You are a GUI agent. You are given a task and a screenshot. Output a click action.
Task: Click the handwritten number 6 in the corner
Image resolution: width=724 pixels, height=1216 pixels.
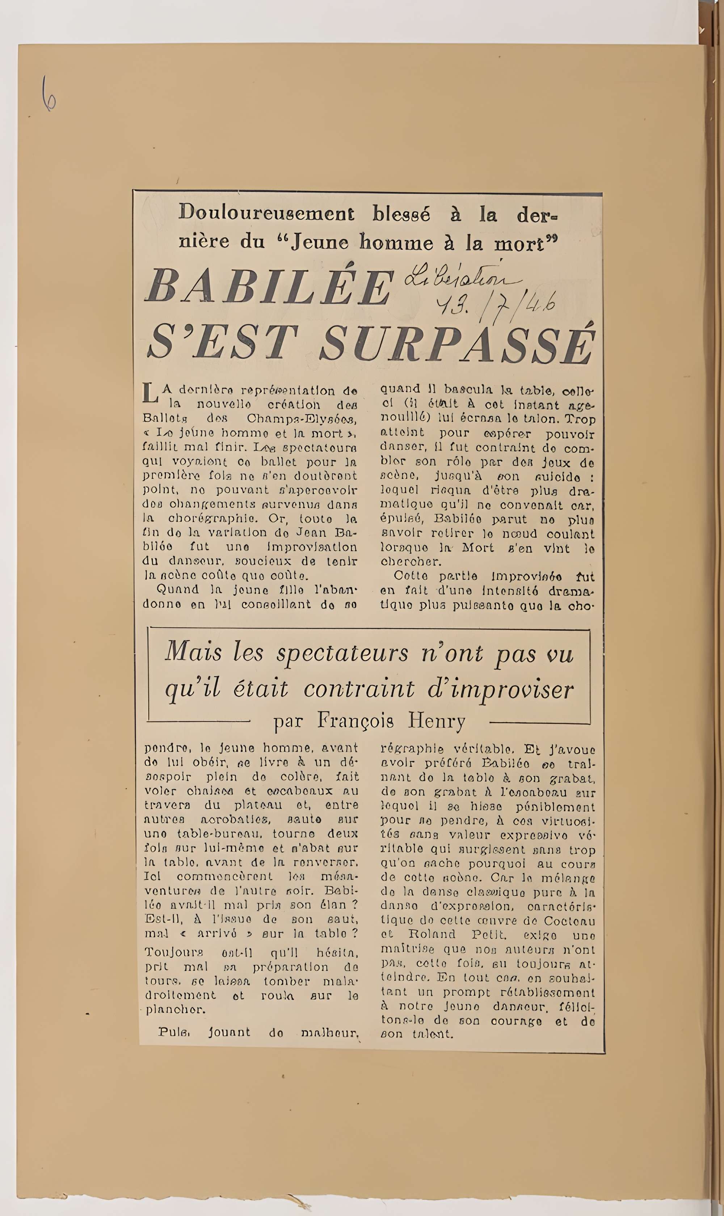49,94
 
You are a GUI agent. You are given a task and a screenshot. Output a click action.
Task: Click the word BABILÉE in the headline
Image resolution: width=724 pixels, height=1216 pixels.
269,287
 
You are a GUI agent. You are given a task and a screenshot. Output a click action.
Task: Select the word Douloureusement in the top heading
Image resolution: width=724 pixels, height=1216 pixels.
266,213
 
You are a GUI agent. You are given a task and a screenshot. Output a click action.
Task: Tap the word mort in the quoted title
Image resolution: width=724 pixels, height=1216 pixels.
522,242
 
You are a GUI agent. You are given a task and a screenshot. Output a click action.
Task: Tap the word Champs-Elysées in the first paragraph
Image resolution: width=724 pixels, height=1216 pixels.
302,419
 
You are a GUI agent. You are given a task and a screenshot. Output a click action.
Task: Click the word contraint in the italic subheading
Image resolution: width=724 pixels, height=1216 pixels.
359,689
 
